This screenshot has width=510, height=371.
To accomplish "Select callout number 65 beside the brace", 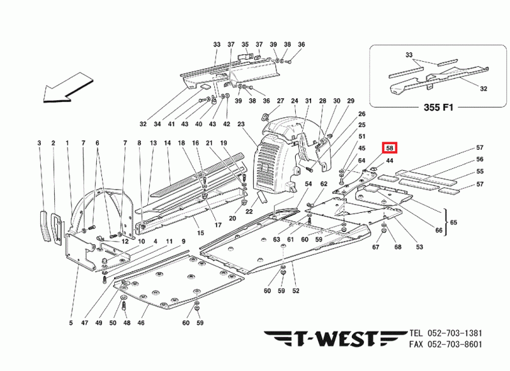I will [454, 222].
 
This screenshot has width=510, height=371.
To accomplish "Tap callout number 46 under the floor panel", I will [142, 323].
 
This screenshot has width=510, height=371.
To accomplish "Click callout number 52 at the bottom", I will [296, 291].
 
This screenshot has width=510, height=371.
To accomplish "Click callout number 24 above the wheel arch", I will [295, 101].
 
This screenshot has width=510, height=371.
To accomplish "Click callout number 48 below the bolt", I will [126, 323].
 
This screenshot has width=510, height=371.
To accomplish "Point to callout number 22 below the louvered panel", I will [250, 212].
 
